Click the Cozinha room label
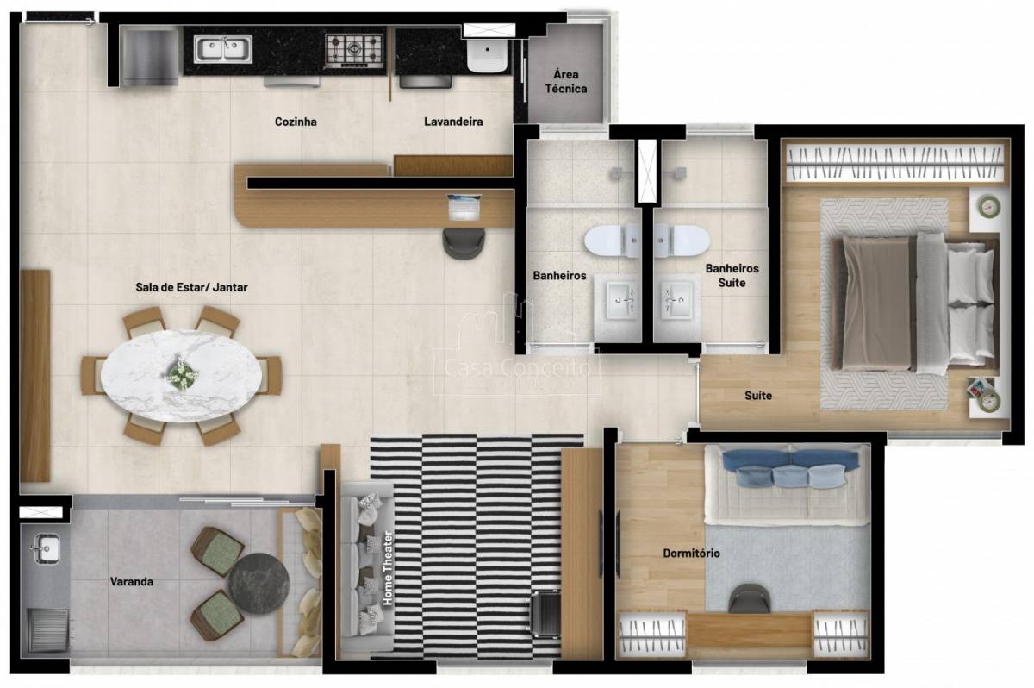click(x=296, y=122)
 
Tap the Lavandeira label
click(x=453, y=122)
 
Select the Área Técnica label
click(x=566, y=81)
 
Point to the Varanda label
click(x=132, y=582)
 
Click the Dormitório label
click(x=691, y=554)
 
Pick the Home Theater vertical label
click(x=388, y=568)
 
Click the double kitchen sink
click(x=223, y=49)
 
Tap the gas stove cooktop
click(x=354, y=50)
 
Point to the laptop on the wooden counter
click(x=464, y=207)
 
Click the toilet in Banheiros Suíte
click(x=682, y=240)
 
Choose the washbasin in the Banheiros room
click(x=621, y=301)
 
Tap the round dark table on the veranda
click(x=259, y=584)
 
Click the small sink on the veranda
click(x=47, y=548)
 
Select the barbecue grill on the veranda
click(x=48, y=630)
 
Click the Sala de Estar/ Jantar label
click(x=191, y=287)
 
